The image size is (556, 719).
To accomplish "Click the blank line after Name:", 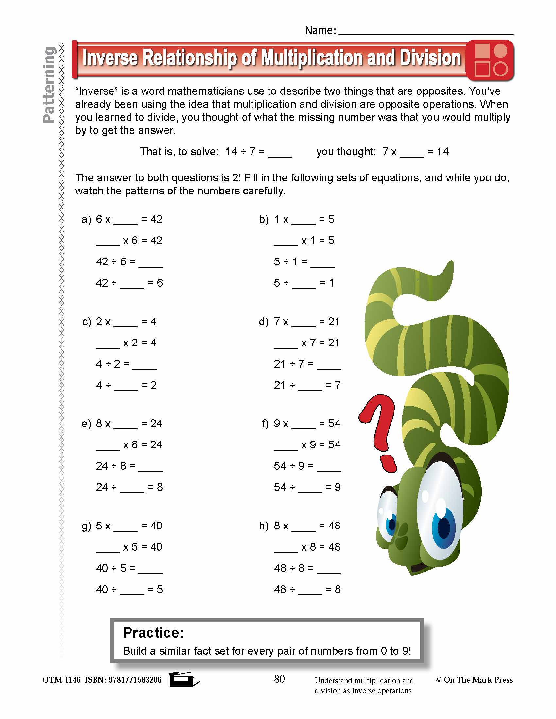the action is coord(426,31).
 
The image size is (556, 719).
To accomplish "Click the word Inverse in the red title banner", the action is coord(110,58).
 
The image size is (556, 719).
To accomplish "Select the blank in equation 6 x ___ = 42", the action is coord(126,220).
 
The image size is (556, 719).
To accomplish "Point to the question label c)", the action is coord(87,322).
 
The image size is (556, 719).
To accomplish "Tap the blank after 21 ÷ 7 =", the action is coord(328,365).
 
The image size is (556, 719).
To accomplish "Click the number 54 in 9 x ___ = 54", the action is coord(334,424).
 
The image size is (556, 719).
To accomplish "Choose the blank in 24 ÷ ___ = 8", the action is coord(132,488).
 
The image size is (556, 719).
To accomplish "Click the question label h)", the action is coord(264,526).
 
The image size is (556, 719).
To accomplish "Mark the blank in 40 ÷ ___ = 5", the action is coord(132,590).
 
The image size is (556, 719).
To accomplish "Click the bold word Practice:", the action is coord(153,633).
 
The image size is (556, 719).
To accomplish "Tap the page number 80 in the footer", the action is coord(279,679).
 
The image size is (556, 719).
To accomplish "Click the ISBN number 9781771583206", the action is coord(135,680).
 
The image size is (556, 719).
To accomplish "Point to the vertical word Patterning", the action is coord(49,85).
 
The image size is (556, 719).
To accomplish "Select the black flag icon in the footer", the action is coord(183,679).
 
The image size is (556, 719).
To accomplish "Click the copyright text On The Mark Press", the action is coord(478,680).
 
